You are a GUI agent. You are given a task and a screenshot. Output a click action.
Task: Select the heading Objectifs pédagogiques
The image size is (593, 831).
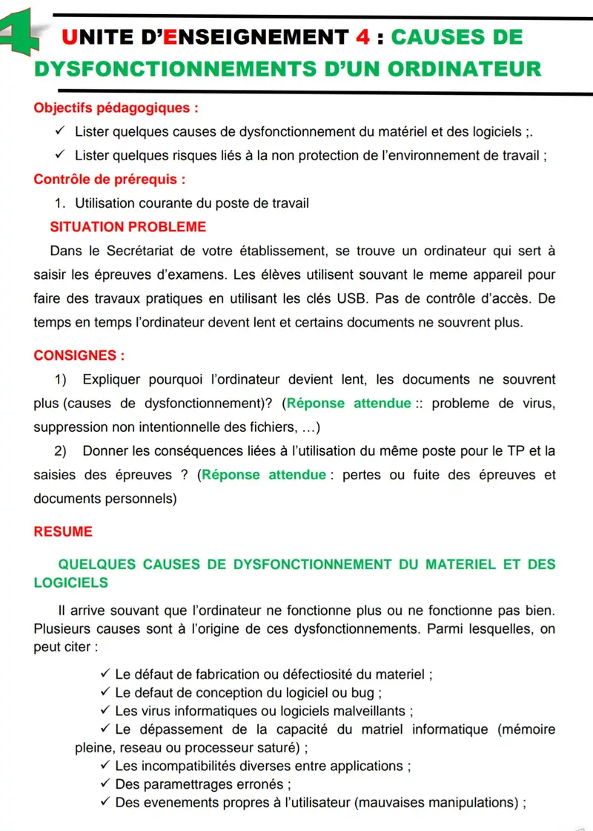click(116, 108)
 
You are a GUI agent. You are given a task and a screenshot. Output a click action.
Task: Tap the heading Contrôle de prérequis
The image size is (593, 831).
click(109, 179)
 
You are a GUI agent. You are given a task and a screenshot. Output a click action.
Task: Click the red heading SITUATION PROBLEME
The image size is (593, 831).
click(127, 226)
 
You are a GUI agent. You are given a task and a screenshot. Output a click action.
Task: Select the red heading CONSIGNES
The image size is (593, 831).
click(79, 355)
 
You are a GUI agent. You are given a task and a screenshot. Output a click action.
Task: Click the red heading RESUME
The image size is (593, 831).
click(63, 532)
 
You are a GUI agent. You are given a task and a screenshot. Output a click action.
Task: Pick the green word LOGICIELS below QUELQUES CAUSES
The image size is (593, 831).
click(71, 582)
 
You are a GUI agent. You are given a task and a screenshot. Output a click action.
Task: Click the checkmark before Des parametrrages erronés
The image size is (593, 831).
click(104, 784)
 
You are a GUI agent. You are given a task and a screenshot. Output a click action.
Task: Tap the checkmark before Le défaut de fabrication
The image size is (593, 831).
click(104, 674)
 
